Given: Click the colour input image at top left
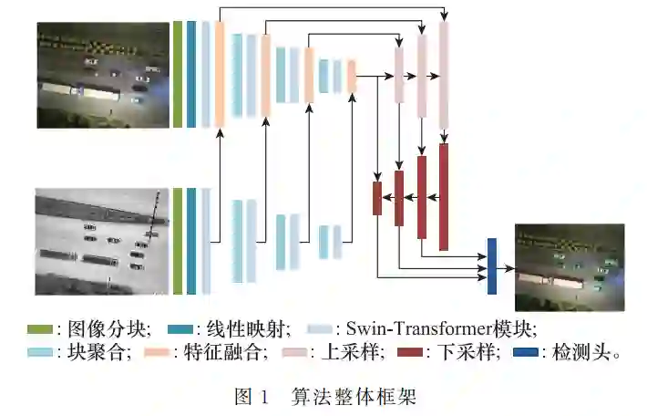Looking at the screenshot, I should point(103,75).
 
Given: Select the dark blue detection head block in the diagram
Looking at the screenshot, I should point(492,265).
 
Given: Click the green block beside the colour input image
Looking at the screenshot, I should point(178,75).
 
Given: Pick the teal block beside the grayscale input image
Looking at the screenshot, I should point(191,241).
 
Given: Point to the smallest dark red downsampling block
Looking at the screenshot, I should point(376,198).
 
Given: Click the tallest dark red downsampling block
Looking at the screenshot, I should point(444,196).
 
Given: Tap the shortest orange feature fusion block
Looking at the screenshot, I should point(350,76).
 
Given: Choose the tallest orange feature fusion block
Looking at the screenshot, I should point(220,74).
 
